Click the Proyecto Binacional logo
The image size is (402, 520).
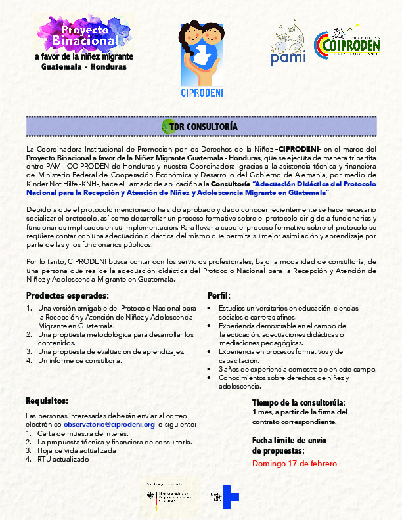tap(81, 43)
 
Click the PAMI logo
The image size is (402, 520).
tap(288, 48)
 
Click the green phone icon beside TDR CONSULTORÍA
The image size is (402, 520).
tap(166, 126)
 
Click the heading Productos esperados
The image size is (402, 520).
tap(67, 295)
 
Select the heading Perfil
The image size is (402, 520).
tap(219, 295)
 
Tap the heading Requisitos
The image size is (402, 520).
tap(47, 401)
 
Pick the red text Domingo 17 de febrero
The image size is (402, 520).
tap(296, 464)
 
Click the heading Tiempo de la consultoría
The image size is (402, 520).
tap(299, 402)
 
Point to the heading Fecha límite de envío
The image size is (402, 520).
tap(289, 440)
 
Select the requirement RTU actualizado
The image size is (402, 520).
tap(63, 459)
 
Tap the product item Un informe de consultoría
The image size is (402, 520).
tap(80, 360)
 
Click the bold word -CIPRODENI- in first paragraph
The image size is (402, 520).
tap(298, 150)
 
